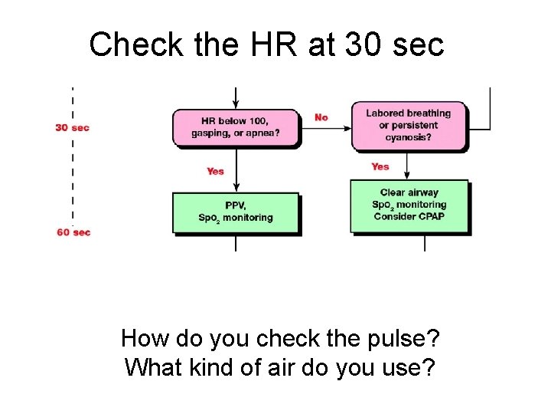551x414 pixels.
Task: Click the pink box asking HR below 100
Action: click(236, 127)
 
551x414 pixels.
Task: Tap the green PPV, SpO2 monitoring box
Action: click(236, 212)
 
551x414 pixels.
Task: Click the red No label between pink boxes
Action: click(321, 117)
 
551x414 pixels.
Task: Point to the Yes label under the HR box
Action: click(215, 171)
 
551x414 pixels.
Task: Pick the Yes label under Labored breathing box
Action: click(380, 166)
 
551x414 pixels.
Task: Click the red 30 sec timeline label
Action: click(72, 127)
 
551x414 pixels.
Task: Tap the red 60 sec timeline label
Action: click(73, 232)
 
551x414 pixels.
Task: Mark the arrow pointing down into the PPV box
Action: click(236, 182)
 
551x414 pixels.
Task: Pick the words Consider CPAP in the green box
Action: click(409, 216)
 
